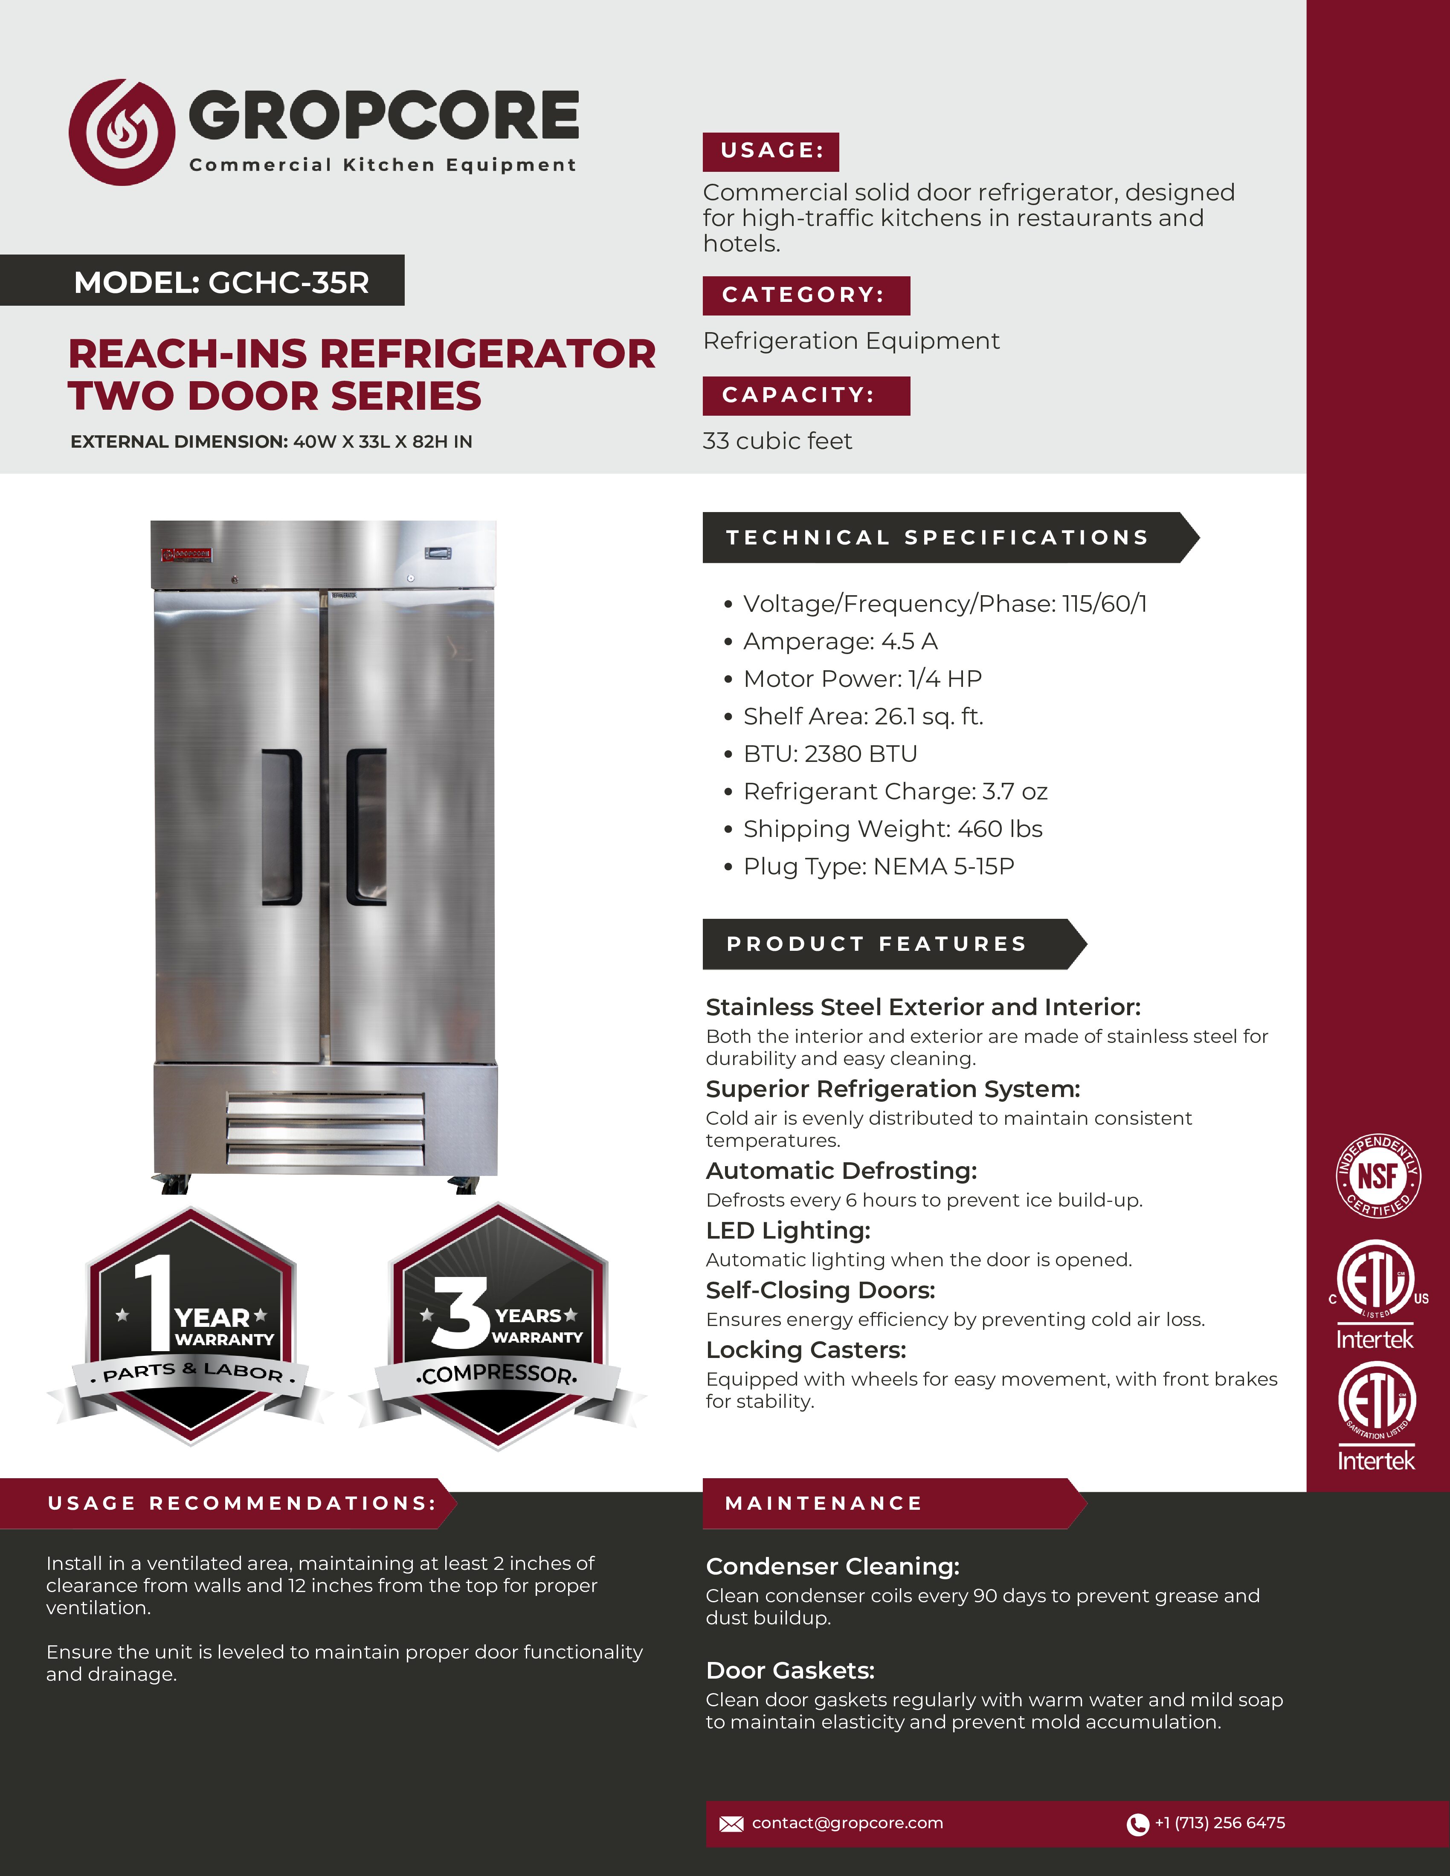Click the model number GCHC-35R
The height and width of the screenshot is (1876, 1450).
pyautogui.click(x=289, y=282)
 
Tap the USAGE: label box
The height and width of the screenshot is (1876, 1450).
pyautogui.click(x=771, y=151)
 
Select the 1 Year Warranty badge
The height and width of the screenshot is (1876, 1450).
pyautogui.click(x=191, y=1327)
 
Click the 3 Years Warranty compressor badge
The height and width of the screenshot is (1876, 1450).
pyautogui.click(x=498, y=1327)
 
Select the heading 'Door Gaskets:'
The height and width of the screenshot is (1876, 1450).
pyautogui.click(x=789, y=1670)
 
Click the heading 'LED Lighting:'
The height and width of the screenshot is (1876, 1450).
pyautogui.click(x=788, y=1231)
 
